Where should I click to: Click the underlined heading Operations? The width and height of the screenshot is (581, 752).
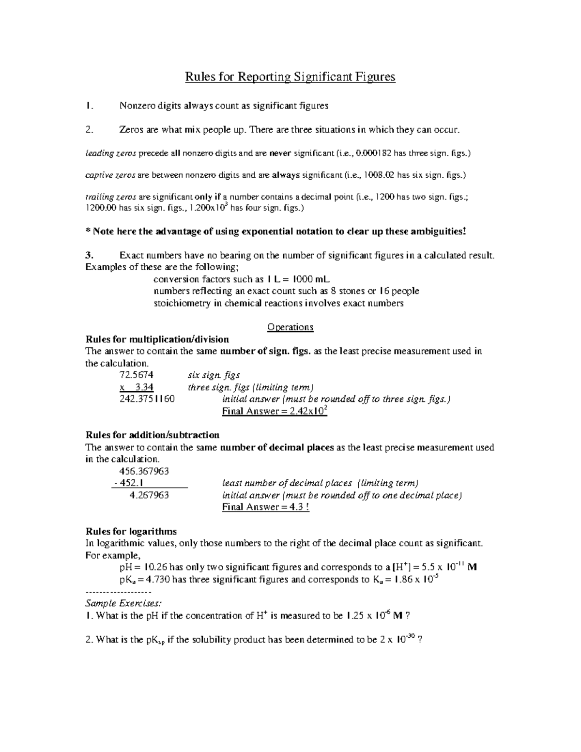[x=290, y=327]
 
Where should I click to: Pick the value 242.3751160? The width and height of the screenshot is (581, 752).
[x=147, y=399]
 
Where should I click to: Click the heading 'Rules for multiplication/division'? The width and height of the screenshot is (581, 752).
[x=157, y=339]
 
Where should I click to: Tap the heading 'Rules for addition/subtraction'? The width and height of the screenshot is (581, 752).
[x=153, y=435]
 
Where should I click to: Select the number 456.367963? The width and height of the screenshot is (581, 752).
[x=144, y=471]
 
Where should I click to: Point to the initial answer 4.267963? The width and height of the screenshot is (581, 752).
[x=150, y=495]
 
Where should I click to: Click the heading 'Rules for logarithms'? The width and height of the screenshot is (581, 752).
[x=131, y=531]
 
